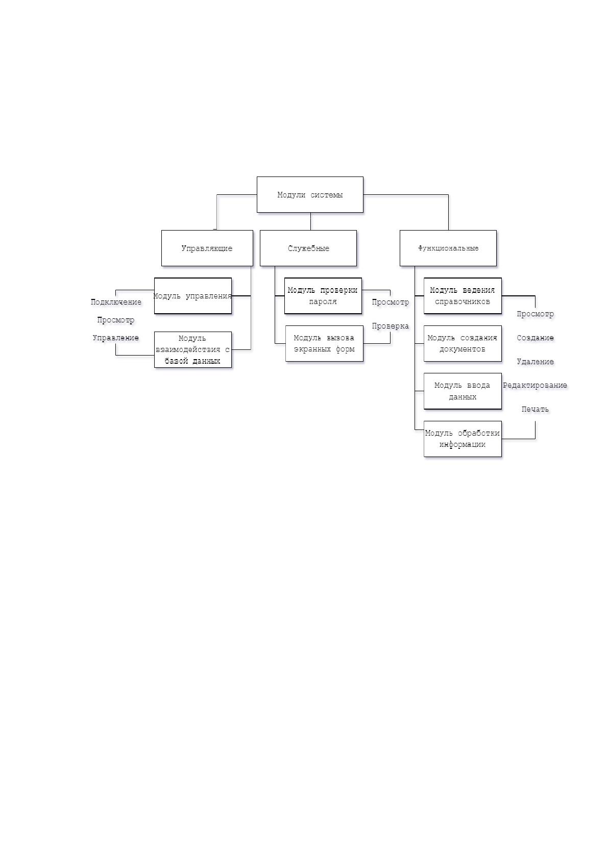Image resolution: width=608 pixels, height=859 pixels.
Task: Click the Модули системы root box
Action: [x=310, y=194]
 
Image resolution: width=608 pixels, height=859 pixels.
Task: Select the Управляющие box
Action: [x=207, y=248]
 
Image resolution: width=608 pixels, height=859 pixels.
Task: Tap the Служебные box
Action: [x=308, y=248]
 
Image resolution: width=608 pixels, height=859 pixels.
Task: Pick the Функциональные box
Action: [x=448, y=248]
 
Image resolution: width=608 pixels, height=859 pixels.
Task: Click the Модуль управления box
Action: [x=192, y=296]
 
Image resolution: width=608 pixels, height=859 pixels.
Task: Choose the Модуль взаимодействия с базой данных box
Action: [x=192, y=349]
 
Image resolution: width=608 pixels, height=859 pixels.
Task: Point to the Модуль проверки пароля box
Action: [x=323, y=296]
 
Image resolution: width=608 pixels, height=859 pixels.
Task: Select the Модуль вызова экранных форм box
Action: [x=324, y=343]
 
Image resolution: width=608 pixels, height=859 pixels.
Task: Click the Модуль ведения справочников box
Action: [x=463, y=296]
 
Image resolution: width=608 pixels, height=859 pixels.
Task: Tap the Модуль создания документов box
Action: [x=463, y=343]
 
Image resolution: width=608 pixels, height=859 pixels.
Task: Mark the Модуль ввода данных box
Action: [x=463, y=391]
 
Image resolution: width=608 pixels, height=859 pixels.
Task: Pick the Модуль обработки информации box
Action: [x=463, y=439]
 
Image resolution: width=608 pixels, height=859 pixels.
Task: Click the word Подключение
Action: [x=116, y=302]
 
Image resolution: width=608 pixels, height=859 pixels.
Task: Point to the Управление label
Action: [x=115, y=338]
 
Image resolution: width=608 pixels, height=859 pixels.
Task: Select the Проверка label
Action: [x=391, y=325]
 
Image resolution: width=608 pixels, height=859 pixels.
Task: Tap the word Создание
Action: [x=535, y=338]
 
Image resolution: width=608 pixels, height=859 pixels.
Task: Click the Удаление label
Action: [x=535, y=361]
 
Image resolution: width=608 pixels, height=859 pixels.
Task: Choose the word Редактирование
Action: [x=534, y=385]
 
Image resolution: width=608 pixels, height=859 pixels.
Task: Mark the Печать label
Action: [x=535, y=409]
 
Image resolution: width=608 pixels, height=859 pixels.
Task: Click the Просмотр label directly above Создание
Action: [x=535, y=314]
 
